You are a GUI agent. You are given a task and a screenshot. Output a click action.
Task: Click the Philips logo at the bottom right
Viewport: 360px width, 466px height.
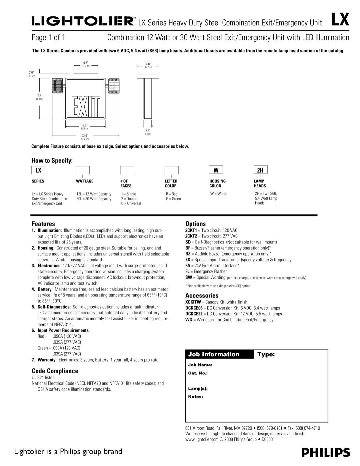click(x=326, y=452)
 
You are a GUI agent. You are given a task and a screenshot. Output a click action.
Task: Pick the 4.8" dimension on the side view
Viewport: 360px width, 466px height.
click(x=148, y=64)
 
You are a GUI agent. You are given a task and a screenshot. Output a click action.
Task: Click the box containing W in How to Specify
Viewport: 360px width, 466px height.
click(x=216, y=170)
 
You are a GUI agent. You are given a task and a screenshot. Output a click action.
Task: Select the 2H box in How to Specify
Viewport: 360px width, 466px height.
click(x=260, y=170)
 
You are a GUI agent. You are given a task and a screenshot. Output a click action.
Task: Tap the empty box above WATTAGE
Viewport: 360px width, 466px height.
click(x=83, y=170)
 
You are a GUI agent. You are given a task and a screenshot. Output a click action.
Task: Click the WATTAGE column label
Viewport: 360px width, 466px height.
click(x=85, y=181)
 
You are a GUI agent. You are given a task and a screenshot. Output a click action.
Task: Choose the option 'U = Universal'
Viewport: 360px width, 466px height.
click(x=131, y=203)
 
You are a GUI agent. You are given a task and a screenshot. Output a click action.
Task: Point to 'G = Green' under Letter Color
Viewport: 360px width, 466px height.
click(x=173, y=198)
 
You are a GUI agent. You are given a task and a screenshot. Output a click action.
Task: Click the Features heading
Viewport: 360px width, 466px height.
click(x=43, y=223)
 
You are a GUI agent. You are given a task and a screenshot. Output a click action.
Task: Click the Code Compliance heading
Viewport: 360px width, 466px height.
click(x=55, y=371)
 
